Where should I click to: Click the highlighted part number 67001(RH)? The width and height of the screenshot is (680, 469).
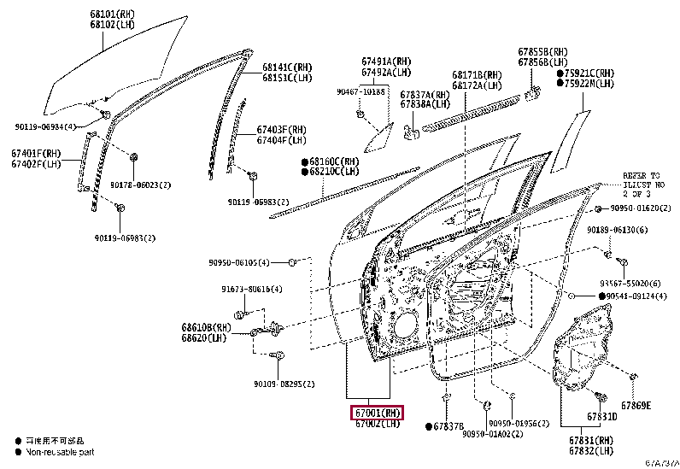coord(376,413)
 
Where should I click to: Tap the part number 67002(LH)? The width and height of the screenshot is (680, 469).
coord(376,424)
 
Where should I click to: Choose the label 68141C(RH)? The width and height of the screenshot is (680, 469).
coord(287,67)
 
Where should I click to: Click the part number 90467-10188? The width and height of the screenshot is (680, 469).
coord(361,91)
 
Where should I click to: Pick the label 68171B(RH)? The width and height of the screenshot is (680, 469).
coord(477,75)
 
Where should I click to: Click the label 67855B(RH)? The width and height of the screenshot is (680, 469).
coord(542,52)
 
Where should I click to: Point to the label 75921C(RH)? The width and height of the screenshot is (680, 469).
coord(589,73)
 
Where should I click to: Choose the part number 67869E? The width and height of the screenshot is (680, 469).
coord(636,406)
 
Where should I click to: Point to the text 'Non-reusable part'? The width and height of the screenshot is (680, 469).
coord(59,451)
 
